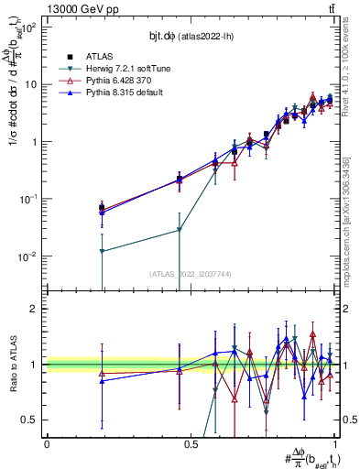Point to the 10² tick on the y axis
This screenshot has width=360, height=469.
coord(29,27)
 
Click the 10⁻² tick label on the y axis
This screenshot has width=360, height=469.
coord(29,256)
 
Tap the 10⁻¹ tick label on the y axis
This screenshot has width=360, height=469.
coord(29,200)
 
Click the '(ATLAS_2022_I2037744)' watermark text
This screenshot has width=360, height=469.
coord(191,274)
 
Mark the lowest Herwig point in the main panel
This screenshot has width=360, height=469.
coord(103,251)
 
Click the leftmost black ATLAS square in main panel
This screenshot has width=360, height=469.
coord(103,208)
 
